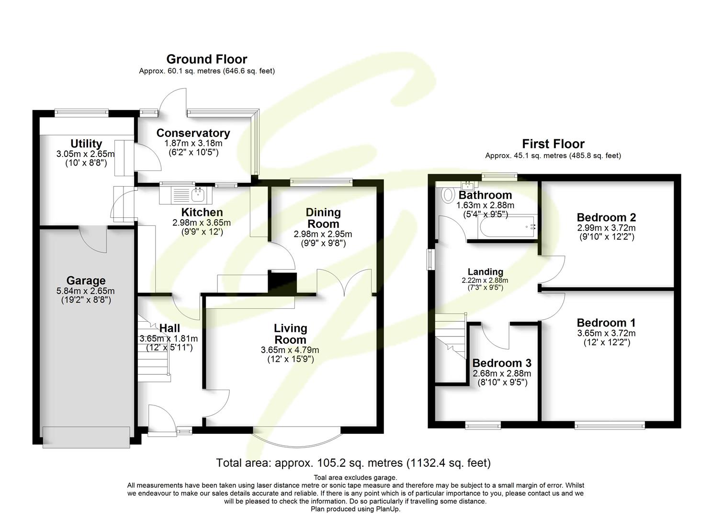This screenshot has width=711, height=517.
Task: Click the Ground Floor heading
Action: tap(206, 59)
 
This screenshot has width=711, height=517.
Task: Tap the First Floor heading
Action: tap(553, 144)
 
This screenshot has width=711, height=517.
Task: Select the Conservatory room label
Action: tap(193, 133)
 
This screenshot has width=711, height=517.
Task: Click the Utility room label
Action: tap(86, 144)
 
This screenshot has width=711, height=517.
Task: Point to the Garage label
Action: tap(86, 281)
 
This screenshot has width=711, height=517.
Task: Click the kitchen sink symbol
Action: tap(187, 194)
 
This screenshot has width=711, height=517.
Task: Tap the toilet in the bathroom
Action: tap(448, 194)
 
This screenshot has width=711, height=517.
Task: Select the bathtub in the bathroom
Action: tap(508, 225)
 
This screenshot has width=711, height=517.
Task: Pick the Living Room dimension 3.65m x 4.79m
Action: tap(290, 350)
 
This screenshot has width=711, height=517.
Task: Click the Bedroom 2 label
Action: tap(606, 218)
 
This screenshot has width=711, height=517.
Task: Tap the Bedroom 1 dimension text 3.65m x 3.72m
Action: tap(606, 333)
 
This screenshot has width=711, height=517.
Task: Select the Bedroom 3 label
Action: tap(501, 363)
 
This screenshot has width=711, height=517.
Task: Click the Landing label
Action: tap(485, 272)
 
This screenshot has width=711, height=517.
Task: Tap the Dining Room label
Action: tap(323, 218)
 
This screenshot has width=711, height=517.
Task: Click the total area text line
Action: tap(353, 463)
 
